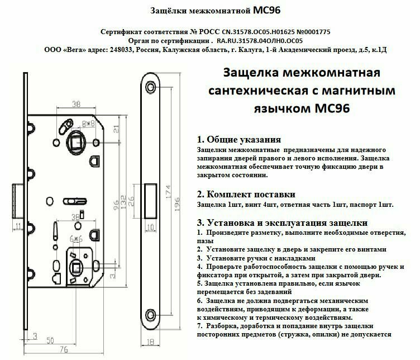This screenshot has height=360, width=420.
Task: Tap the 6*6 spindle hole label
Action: pos(75,238)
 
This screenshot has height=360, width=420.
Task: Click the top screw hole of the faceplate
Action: pos(151,87)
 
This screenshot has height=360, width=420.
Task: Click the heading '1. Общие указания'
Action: pos(238,139)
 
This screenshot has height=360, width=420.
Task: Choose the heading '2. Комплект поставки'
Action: pos(246,195)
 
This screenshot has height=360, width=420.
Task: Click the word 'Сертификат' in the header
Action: pos(122,32)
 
